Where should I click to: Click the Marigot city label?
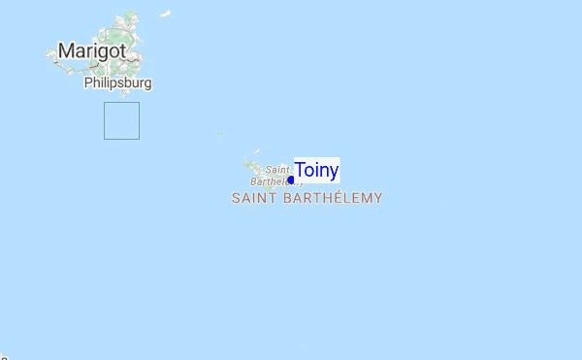[x=92, y=50]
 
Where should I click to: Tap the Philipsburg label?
[x=117, y=83]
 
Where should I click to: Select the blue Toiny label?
[x=316, y=171]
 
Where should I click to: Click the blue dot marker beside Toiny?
[x=291, y=180]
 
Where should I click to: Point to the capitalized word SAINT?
[x=254, y=198]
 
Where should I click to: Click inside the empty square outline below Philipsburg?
[x=121, y=120]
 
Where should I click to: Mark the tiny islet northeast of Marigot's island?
[x=165, y=14]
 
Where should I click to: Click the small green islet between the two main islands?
[x=220, y=133]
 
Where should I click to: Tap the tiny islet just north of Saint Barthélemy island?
[x=257, y=151]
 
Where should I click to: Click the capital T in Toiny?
[x=300, y=171]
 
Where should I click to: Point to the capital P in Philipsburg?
[x=88, y=83]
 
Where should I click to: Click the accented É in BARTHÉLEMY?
[x=336, y=198]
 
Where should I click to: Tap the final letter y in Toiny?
[x=334, y=173]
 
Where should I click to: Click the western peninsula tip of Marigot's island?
[x=48, y=55]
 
